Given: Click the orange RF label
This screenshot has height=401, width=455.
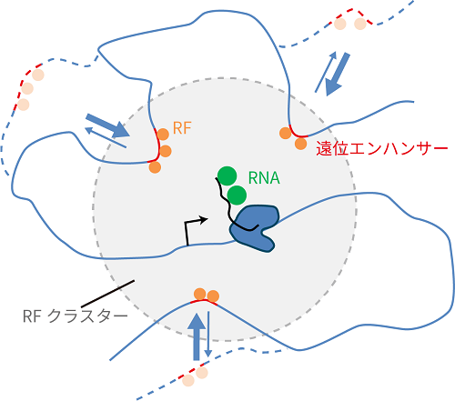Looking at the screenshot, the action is (x=182, y=128).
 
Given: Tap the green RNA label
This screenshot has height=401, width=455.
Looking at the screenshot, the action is (x=264, y=178).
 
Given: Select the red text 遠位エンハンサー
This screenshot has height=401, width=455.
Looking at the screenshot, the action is (x=382, y=148).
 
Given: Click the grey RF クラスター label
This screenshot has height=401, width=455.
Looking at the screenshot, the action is (x=76, y=316).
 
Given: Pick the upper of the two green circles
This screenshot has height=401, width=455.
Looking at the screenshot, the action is (x=227, y=175).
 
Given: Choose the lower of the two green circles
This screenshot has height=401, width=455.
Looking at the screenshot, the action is (x=237, y=195).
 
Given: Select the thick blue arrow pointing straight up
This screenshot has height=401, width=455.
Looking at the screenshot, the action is (x=197, y=336).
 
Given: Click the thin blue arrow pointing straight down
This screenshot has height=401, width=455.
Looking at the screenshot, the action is (x=208, y=334).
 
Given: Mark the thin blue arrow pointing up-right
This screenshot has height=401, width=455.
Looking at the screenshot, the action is (x=326, y=72).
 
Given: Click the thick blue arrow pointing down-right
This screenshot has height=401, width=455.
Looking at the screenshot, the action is (x=108, y=125).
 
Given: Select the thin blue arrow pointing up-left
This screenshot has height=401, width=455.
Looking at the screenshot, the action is (x=106, y=137).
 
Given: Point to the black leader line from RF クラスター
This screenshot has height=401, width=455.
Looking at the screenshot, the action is (x=107, y=294).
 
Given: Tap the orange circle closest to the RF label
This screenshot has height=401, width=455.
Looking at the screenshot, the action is (x=163, y=135).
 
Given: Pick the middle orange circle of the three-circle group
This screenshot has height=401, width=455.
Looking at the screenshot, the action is (x=166, y=151).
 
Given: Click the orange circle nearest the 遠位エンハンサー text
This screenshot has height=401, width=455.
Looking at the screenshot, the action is (x=300, y=144).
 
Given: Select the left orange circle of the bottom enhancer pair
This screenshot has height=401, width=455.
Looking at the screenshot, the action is (x=200, y=294).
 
